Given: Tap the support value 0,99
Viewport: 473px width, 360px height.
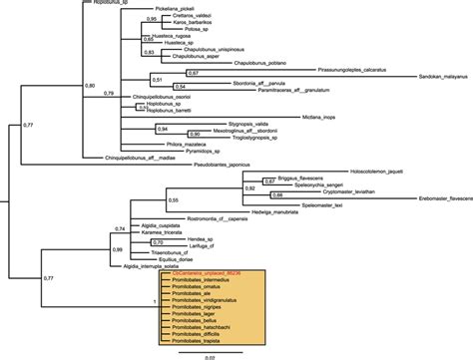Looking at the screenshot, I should [119, 248].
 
